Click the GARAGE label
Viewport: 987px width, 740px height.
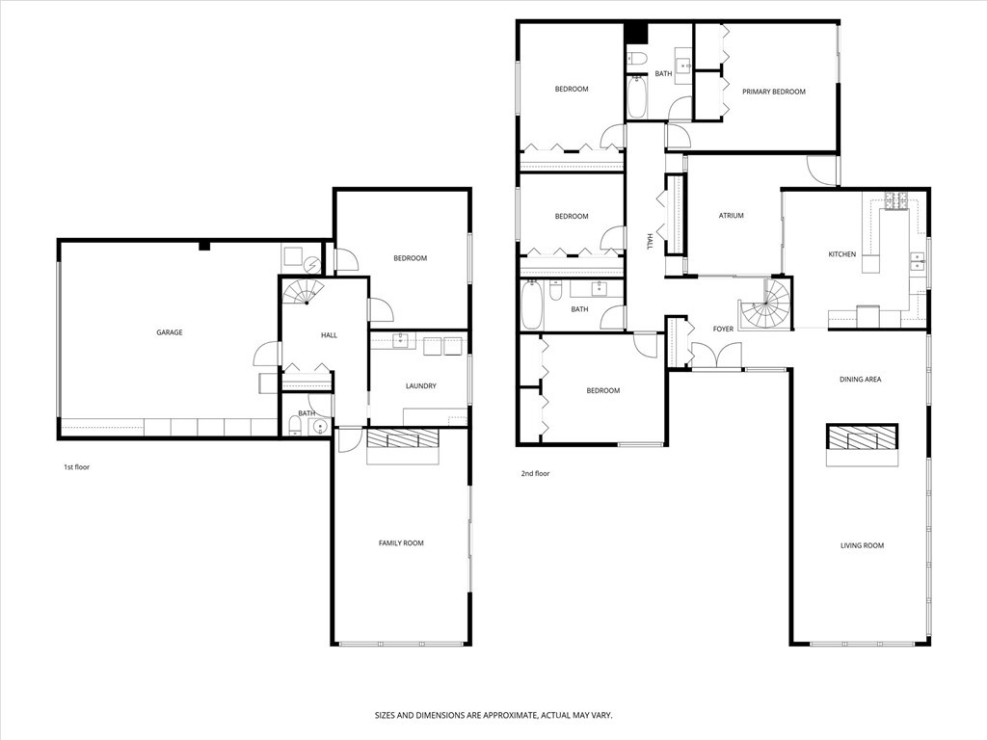pos(170,332)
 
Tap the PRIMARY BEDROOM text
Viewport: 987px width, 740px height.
pos(773,92)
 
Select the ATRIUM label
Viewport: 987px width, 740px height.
pos(731,216)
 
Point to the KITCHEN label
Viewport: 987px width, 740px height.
pos(841,254)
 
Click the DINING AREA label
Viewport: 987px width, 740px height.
pos(860,380)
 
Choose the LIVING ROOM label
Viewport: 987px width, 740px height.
pos(861,546)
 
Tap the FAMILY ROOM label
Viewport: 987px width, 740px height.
pos(400,543)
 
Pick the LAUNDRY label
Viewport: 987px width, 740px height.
pos(420,386)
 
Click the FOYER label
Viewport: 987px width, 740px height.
pos(723,330)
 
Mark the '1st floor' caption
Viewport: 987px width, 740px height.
pos(76,467)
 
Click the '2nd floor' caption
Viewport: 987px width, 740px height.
pos(535,474)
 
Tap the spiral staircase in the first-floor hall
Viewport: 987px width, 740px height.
pos(305,292)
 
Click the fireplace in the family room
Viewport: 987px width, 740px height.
pos(403,439)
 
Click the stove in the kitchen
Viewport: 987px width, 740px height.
pos(896,201)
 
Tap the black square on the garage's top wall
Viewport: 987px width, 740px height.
pos(203,246)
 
